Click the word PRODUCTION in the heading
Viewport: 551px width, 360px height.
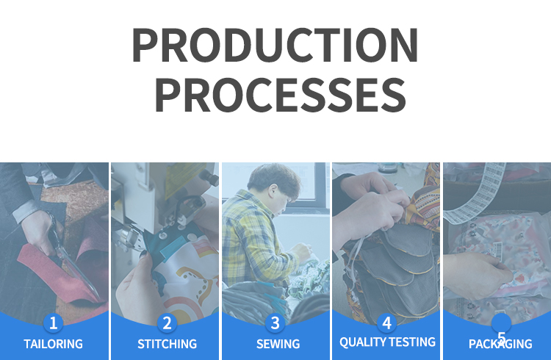[x=275, y=46]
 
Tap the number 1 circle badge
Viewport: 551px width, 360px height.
[x=53, y=323]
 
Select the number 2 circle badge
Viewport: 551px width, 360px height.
[x=167, y=323]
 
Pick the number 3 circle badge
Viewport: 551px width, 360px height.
[x=275, y=323]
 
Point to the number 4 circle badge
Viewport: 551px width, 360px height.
[x=386, y=323]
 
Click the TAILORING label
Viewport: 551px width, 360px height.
[x=53, y=344]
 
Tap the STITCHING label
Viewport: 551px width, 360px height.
[x=167, y=344]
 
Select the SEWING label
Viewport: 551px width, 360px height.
[x=278, y=344]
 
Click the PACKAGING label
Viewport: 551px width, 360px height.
[x=500, y=344]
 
